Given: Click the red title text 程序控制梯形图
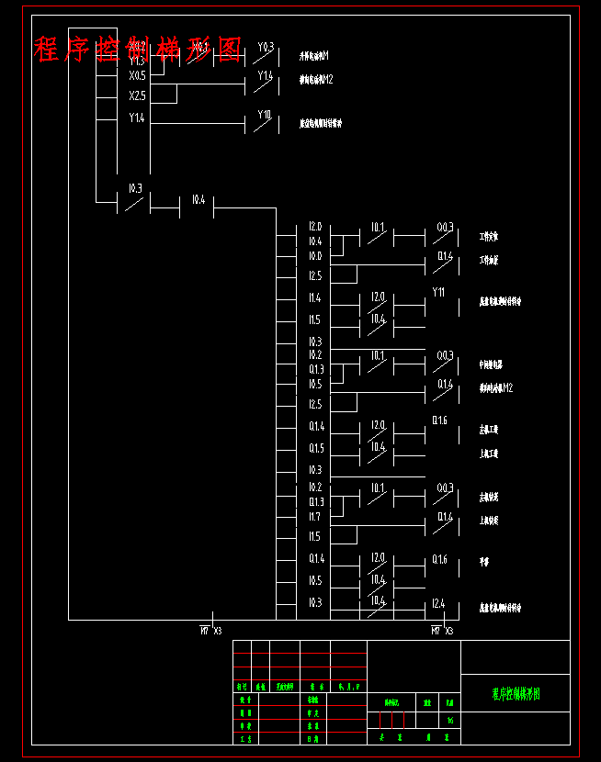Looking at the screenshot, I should click(138, 49).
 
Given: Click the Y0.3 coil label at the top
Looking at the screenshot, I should click(266, 47).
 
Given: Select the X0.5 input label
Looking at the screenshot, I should click(137, 76).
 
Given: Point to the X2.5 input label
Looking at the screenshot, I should click(137, 95).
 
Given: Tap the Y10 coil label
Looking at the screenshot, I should click(265, 115).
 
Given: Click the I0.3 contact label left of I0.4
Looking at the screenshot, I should click(134, 189).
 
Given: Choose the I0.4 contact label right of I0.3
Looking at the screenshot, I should click(198, 200).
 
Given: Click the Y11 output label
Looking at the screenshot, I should click(438, 293).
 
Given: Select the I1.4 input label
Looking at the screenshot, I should click(314, 298).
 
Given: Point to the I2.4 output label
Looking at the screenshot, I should click(438, 603).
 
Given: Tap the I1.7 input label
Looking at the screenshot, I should click(314, 518).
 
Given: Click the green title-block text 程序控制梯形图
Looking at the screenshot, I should click(516, 694).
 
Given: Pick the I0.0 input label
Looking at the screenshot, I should click(314, 257).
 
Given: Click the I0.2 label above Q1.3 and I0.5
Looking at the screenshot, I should click(314, 354).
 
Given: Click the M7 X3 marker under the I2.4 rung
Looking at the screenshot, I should click(442, 632).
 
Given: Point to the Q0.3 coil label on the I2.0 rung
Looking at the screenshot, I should click(445, 228).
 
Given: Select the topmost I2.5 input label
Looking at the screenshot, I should click(314, 276).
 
